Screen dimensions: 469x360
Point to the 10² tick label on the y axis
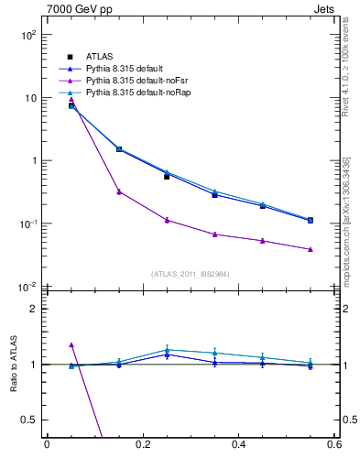(x=28, y=35)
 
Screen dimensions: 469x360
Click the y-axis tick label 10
(x=30, y=98)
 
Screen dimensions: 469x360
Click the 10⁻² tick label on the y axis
(x=28, y=287)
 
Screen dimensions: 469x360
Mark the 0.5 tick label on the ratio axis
(x=29, y=420)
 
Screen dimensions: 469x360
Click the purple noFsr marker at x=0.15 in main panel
(x=119, y=191)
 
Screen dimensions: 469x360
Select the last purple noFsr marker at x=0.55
(x=311, y=249)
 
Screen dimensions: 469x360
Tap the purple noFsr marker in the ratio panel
(x=71, y=344)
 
